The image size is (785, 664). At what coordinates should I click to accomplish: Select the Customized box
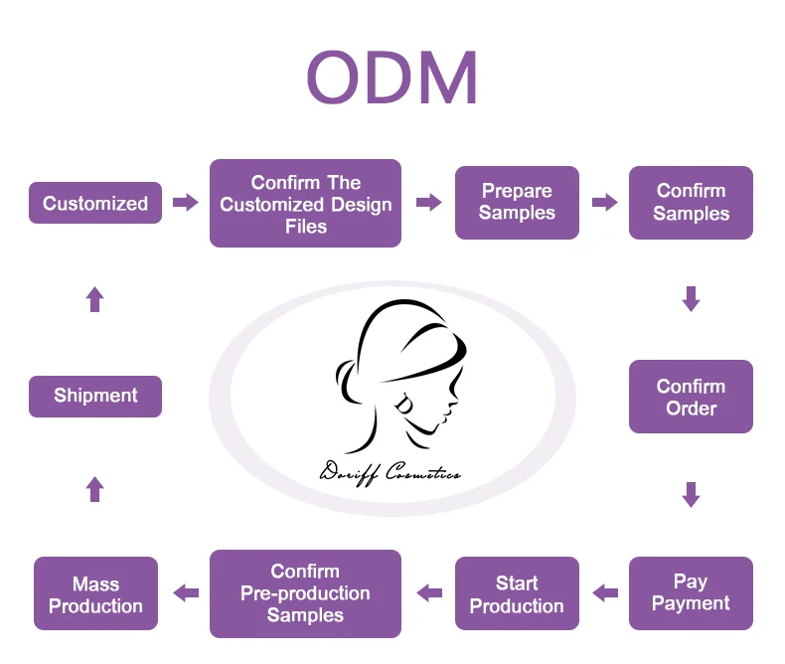(x=95, y=203)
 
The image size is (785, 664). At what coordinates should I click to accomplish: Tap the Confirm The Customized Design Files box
(x=305, y=204)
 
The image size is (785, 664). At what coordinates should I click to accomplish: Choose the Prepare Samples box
(x=517, y=203)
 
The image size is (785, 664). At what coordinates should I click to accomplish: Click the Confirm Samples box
(x=691, y=203)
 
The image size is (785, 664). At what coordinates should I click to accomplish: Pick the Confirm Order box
(x=691, y=397)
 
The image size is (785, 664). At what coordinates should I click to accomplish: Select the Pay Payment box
(x=691, y=593)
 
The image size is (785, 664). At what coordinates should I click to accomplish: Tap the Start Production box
(x=517, y=593)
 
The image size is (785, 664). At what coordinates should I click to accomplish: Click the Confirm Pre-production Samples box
(x=305, y=593)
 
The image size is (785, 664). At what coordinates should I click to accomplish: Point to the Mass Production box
(x=95, y=593)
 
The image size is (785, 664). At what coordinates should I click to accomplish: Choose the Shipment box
(x=95, y=396)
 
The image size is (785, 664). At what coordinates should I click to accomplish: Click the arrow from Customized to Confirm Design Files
(x=185, y=203)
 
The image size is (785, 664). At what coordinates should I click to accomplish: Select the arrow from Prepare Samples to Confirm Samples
(x=604, y=203)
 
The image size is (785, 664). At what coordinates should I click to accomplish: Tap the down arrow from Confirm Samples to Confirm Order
(x=691, y=298)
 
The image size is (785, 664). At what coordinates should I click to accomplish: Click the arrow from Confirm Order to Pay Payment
(x=691, y=494)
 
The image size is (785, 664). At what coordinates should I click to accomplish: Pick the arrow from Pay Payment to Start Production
(x=604, y=593)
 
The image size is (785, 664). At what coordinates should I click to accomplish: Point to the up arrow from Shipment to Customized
(x=95, y=298)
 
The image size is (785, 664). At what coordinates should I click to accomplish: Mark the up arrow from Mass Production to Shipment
(x=95, y=488)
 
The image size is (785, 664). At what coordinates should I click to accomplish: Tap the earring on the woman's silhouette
(x=406, y=405)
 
